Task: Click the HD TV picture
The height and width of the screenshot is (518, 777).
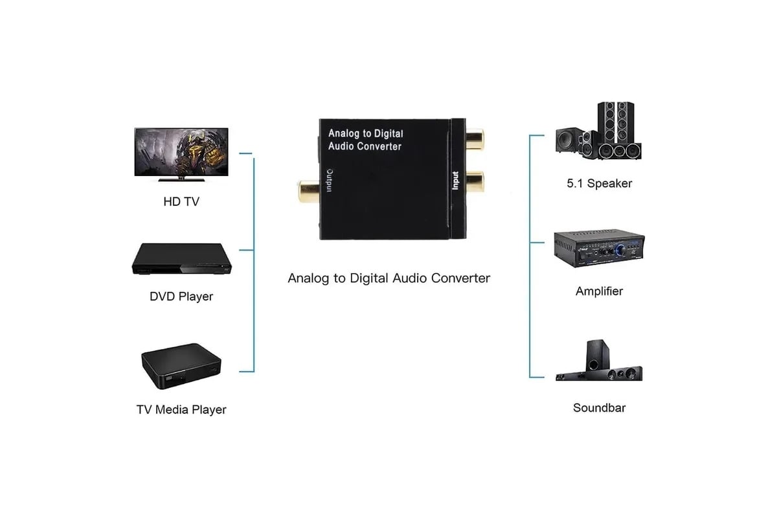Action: (x=181, y=154)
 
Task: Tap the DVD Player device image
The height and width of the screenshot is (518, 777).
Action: (x=181, y=259)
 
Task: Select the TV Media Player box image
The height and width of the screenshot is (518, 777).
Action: (x=181, y=366)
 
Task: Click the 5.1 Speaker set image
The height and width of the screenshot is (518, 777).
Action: (x=598, y=131)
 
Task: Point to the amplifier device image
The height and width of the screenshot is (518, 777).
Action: (x=599, y=248)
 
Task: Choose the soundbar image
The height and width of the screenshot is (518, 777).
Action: (x=599, y=360)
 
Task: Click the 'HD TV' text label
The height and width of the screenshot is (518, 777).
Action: (x=181, y=201)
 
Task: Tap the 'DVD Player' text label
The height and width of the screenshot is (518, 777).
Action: (x=181, y=297)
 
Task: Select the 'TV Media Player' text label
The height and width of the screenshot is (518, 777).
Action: (x=181, y=410)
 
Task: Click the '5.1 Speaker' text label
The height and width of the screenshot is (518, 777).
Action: (x=600, y=183)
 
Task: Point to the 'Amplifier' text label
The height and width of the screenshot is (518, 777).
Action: (x=599, y=291)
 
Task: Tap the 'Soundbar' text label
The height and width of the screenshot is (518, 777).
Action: (x=599, y=408)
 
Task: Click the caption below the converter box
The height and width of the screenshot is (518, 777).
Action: (x=389, y=278)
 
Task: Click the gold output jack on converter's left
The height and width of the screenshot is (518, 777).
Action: (x=308, y=191)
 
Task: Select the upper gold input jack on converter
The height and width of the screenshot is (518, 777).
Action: (x=475, y=139)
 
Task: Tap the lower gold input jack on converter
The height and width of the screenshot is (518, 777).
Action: (x=475, y=181)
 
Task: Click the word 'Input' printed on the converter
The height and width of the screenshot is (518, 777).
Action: (x=455, y=181)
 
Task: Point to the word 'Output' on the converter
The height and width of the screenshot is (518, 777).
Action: (x=330, y=181)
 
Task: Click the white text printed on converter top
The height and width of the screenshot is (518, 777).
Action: (x=366, y=140)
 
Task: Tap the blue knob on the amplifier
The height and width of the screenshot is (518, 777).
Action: (x=620, y=249)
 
